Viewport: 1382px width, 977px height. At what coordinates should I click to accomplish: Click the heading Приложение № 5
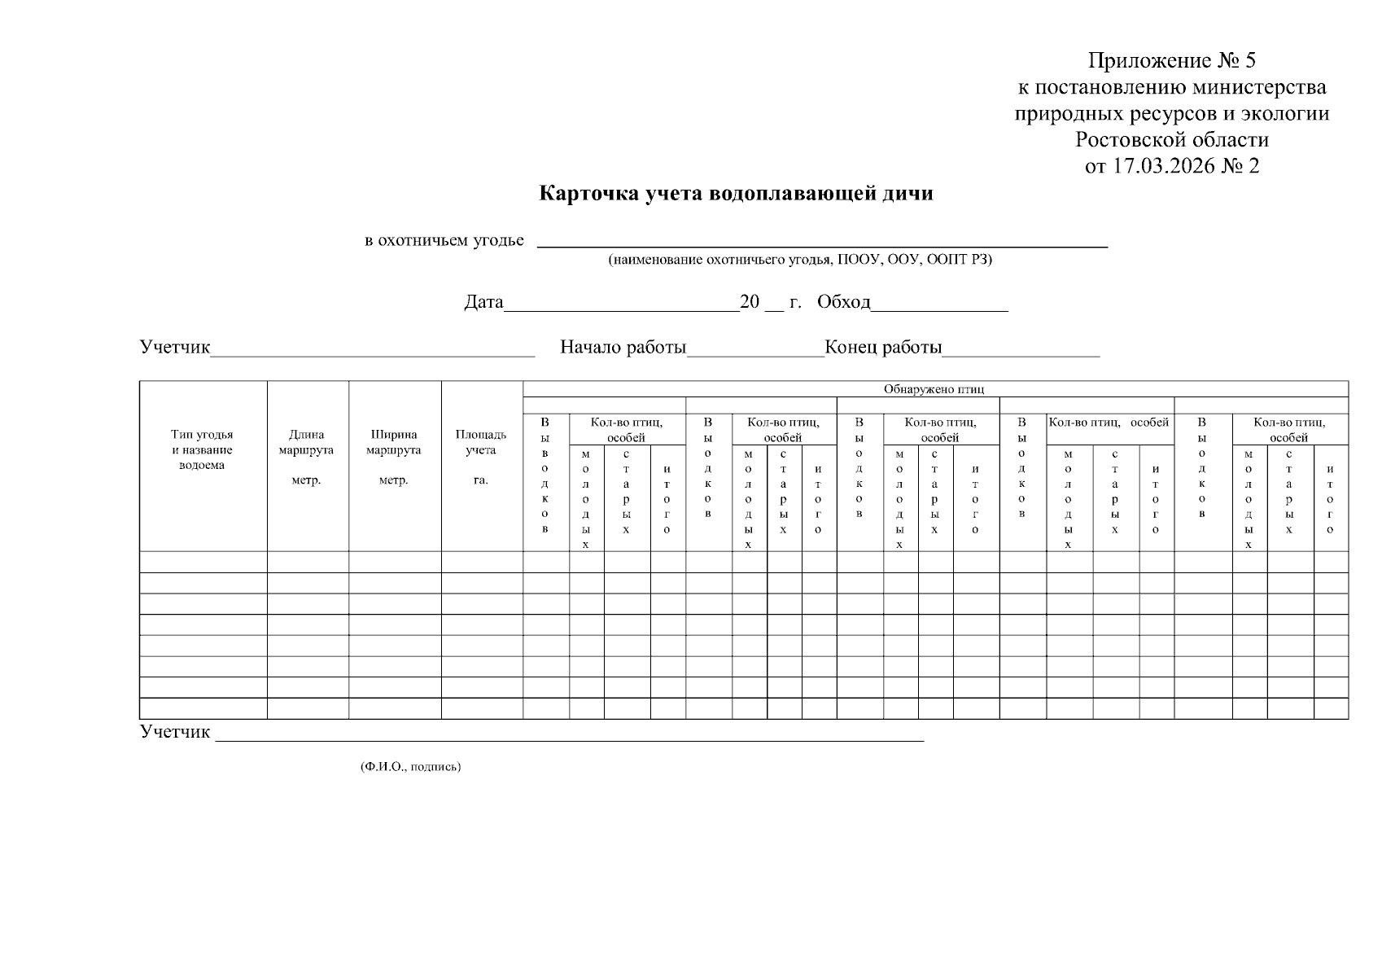1172,61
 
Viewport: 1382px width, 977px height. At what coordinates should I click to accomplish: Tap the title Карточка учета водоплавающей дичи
736,194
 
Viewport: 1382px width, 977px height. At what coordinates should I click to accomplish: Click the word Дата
484,303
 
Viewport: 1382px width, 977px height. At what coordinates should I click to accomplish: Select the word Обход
843,303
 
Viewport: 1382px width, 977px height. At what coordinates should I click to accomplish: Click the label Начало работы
623,348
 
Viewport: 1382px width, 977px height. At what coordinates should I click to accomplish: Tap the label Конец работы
883,348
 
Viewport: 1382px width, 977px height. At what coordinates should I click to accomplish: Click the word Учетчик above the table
175,348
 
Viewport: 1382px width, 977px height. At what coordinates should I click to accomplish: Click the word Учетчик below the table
175,732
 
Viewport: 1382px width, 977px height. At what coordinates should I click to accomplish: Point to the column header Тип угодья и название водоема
202,450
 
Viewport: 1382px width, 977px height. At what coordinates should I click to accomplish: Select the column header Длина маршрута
306,442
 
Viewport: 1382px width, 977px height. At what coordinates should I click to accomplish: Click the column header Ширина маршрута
394,442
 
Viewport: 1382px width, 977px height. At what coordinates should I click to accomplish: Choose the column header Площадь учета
480,442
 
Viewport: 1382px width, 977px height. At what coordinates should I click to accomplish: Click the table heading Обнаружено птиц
934,389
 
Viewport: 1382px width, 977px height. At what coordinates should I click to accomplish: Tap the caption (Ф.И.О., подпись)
410,767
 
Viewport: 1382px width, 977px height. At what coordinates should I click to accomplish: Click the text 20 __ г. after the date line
770,303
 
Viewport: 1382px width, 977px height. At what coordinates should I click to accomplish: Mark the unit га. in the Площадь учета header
480,480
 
